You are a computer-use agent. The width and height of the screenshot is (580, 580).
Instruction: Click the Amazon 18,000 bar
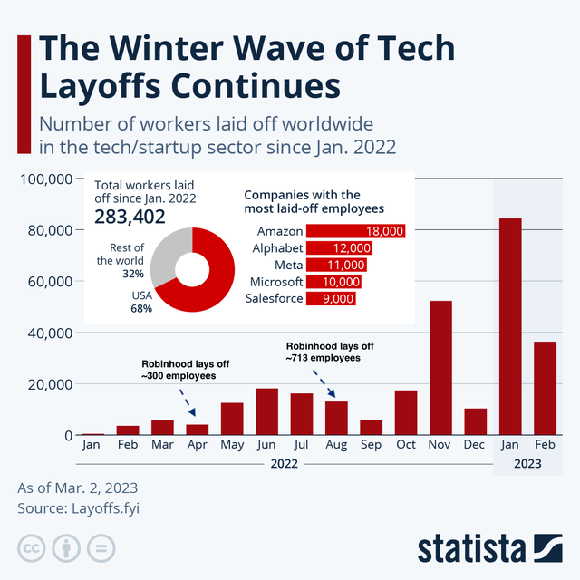pyautogui.click(x=355, y=231)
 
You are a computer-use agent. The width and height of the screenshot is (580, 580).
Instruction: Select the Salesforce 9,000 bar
pyautogui.click(x=331, y=298)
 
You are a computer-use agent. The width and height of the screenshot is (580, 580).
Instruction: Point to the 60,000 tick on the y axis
pyautogui.click(x=46, y=282)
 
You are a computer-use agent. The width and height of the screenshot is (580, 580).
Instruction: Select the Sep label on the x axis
pyautogui.click(x=371, y=446)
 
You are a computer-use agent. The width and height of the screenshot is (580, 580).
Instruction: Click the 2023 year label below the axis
pyautogui.click(x=527, y=464)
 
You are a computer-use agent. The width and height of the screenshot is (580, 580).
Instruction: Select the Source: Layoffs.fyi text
pyautogui.click(x=79, y=508)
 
